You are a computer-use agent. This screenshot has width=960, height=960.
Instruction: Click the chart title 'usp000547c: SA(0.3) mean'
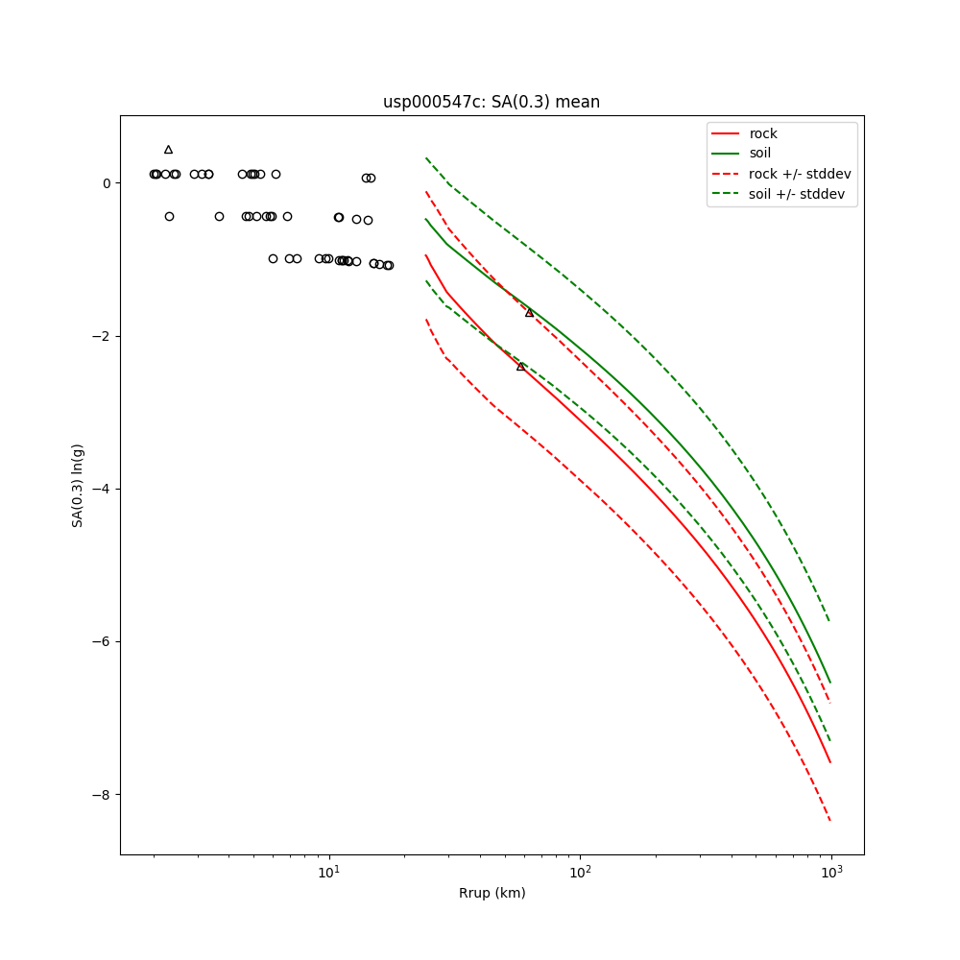(491, 102)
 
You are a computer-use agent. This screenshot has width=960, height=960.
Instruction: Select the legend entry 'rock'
(763, 133)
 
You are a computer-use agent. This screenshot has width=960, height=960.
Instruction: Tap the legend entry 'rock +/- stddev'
(800, 174)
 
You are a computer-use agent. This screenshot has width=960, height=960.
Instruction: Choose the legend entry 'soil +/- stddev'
(799, 194)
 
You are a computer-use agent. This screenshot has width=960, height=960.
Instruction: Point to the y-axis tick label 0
(106, 183)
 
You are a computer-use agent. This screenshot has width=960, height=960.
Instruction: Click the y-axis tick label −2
(102, 336)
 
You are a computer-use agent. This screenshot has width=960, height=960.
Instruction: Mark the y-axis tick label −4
(102, 489)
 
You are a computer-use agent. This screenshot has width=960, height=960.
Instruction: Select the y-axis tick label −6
(102, 641)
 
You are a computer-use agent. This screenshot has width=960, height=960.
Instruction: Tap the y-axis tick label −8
(102, 795)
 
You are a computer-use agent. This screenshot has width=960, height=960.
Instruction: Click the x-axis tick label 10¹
(329, 870)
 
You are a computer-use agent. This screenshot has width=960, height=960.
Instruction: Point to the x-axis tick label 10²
(580, 870)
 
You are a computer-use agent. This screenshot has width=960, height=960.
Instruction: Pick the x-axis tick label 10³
(830, 870)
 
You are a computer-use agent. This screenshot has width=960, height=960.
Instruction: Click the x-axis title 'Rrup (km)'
(492, 893)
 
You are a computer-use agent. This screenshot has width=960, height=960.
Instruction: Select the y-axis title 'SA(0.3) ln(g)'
(78, 485)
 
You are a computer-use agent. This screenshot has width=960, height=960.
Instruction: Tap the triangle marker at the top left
(168, 150)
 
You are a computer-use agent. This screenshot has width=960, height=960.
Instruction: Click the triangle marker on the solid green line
(529, 313)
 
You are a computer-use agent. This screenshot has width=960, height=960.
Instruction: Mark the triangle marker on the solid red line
(520, 367)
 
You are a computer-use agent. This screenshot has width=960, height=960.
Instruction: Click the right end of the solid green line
(830, 683)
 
